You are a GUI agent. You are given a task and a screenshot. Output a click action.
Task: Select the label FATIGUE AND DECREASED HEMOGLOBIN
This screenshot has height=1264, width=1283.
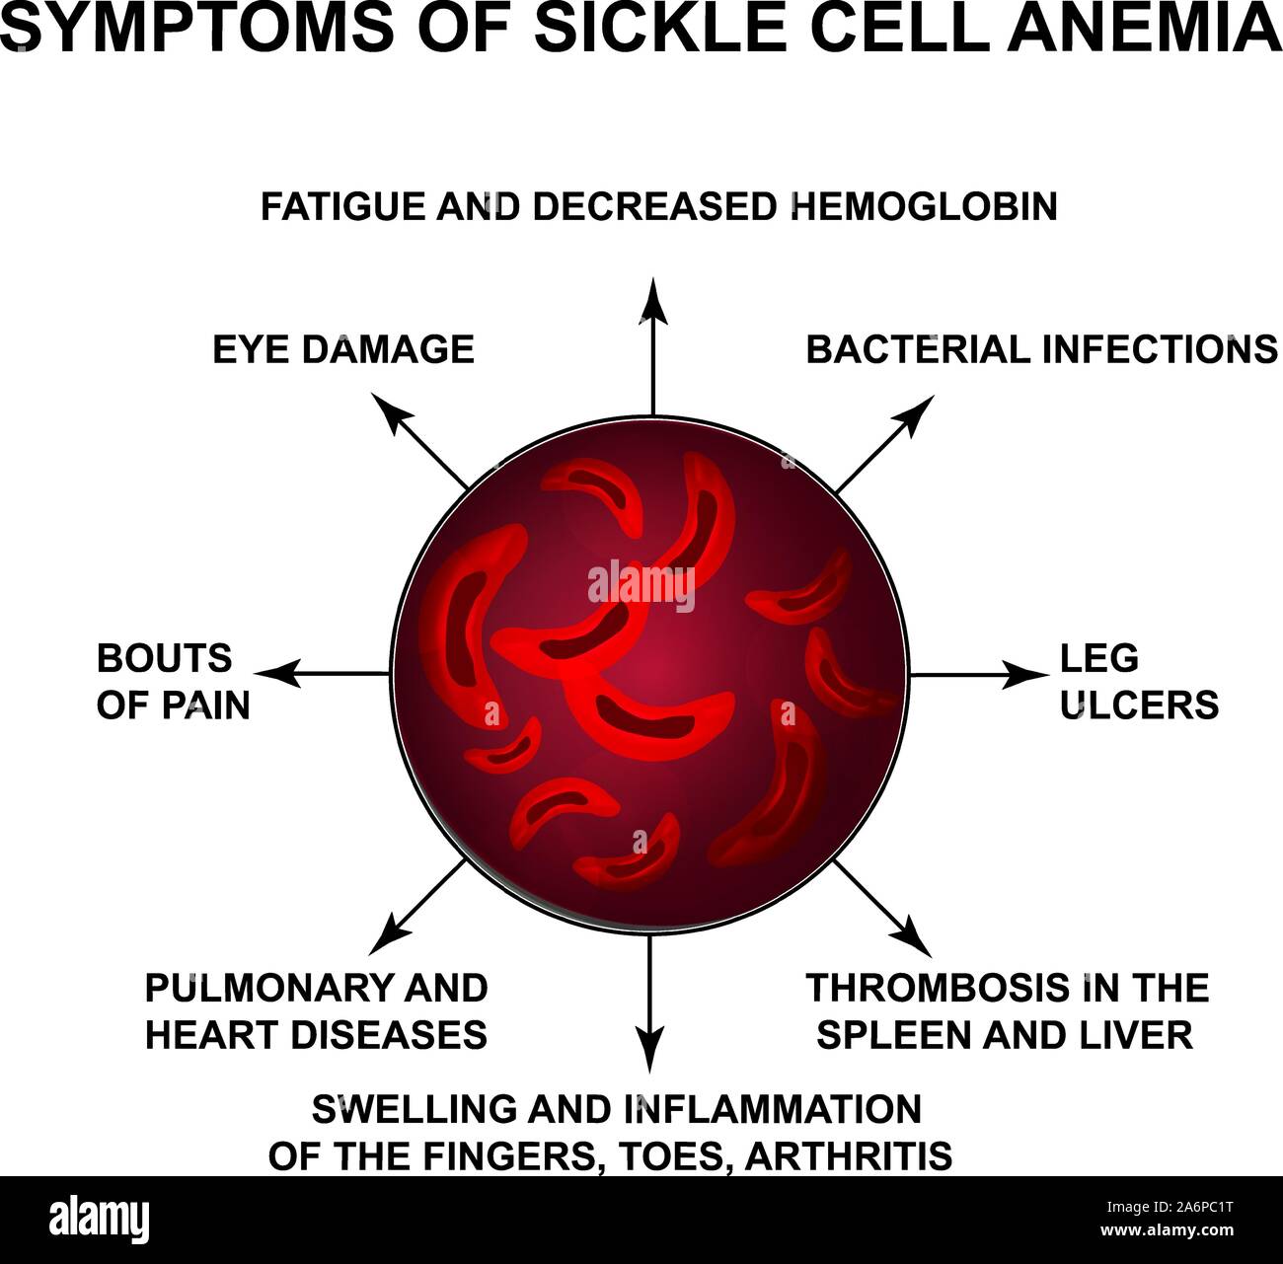click(658, 207)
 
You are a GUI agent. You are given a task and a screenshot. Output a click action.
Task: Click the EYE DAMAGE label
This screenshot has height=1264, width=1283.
click(343, 349)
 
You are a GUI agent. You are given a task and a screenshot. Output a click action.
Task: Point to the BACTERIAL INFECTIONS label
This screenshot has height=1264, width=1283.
click(1041, 349)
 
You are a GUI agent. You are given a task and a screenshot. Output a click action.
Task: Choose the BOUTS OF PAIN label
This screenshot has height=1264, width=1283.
click(173, 682)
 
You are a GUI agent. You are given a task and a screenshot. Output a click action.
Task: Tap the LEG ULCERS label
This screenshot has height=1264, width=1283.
click(1139, 682)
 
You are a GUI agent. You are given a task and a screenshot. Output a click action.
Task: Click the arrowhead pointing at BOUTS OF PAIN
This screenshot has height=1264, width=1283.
click(276, 674)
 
